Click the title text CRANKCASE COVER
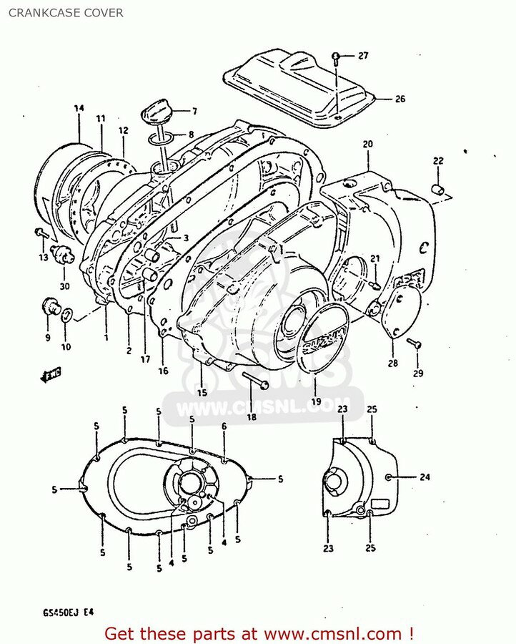[62, 13]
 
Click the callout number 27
[363, 56]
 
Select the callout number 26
[400, 99]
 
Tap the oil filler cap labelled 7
[157, 112]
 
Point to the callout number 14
[79, 108]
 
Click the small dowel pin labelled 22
[437, 189]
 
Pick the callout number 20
[367, 144]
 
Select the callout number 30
[65, 266]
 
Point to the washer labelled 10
[66, 313]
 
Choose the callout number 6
[224, 426]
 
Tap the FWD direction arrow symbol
[50, 374]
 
